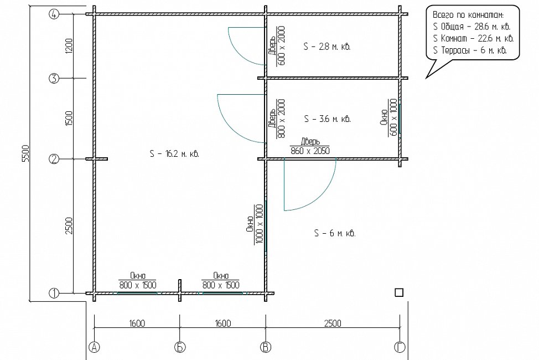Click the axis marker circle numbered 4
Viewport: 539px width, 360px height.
click(54, 14)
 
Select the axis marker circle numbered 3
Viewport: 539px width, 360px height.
click(54, 79)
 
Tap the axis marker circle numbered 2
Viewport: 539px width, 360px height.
click(54, 159)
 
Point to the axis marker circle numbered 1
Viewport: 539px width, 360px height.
click(54, 294)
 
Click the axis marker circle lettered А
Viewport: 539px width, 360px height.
click(94, 347)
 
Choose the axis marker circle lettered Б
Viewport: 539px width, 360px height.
click(180, 347)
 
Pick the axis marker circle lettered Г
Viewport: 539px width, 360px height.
click(400, 347)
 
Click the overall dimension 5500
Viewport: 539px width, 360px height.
click(26, 153)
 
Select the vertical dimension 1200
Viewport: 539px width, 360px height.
click(69, 45)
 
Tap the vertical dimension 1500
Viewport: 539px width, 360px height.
click(69, 118)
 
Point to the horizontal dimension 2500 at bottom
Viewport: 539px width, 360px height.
click(333, 323)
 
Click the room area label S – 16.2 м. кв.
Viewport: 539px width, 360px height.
click(175, 153)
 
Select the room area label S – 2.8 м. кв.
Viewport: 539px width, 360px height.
click(327, 47)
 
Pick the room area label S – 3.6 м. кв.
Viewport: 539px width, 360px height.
click(327, 119)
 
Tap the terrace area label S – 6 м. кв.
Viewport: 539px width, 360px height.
click(334, 233)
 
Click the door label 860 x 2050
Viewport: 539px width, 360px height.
click(310, 151)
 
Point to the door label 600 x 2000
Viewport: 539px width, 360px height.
click(281, 46)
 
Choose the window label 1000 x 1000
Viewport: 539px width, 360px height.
click(260, 224)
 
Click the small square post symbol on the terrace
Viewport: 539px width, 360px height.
click(399, 292)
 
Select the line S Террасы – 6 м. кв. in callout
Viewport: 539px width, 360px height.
click(470, 50)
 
